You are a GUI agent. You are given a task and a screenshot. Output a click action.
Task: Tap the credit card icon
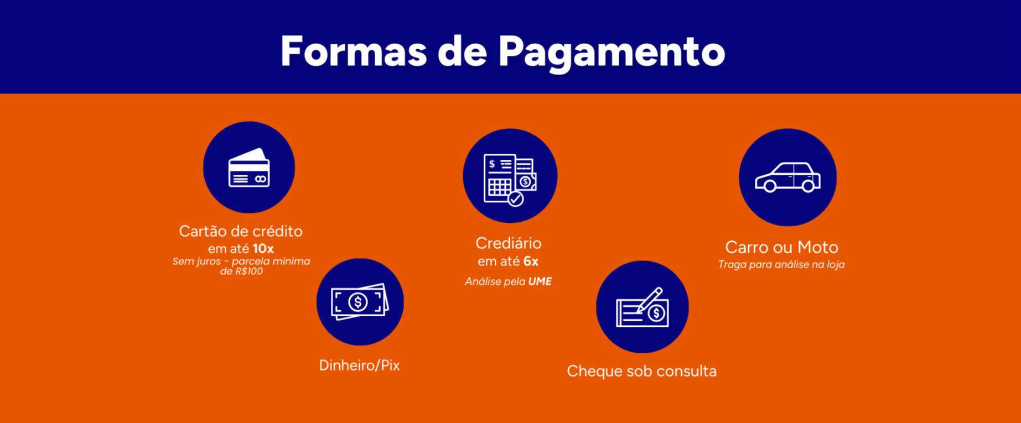click(249, 168)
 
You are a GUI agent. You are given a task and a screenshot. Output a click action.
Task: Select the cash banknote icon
click(360, 302)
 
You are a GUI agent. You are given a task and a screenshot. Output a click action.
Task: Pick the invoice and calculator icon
click(510, 179)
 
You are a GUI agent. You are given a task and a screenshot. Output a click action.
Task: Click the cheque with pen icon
click(642, 307)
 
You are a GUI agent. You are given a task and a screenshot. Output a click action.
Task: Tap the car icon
click(787, 177)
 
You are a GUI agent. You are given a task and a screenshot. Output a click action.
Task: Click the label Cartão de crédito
click(241, 231)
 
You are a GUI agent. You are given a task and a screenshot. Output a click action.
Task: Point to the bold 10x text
click(263, 249)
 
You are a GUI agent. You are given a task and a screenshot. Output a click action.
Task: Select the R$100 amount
click(248, 271)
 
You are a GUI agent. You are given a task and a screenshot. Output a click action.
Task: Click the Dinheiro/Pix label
click(359, 365)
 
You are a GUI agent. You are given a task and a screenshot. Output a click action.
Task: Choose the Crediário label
click(509, 243)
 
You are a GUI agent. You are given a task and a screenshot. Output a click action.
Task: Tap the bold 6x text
click(531, 261)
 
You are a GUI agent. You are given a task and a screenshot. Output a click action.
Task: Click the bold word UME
click(540, 281)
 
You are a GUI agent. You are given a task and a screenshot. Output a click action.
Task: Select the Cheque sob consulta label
click(641, 370)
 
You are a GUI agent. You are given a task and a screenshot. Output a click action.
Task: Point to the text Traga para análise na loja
click(781, 264)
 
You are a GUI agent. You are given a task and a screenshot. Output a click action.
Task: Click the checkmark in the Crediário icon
click(516, 199)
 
